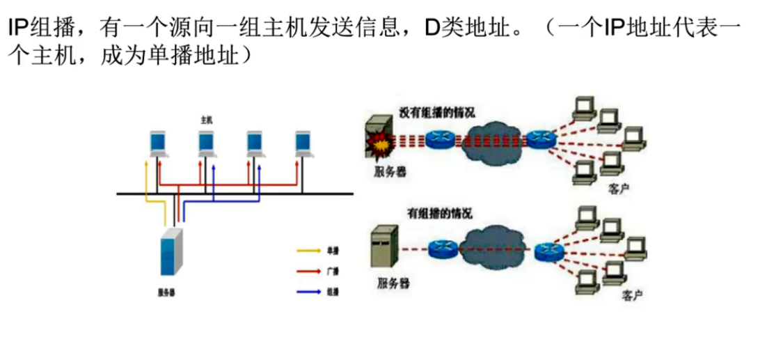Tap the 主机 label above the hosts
tap(207, 120)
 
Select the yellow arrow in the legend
tap(308, 249)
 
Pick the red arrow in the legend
tap(308, 270)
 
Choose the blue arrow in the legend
tap(308, 292)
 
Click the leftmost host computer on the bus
tap(158, 143)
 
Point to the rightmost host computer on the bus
tap(303, 143)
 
